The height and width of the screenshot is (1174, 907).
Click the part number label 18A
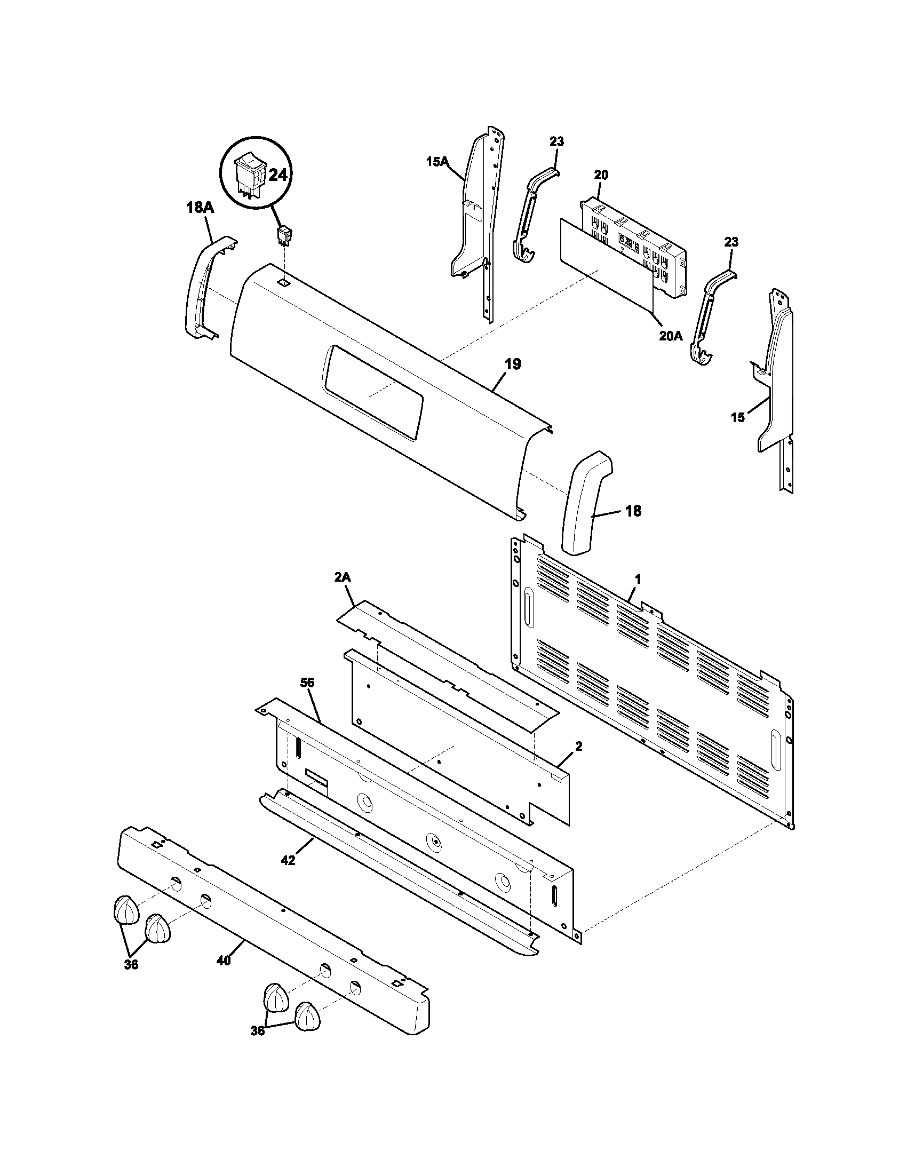coord(200,208)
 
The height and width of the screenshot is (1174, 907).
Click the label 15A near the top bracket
coord(437,161)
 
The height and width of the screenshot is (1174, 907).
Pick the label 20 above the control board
coord(601,175)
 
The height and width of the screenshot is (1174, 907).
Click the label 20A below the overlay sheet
coord(671,337)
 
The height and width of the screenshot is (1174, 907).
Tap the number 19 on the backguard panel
coord(513,364)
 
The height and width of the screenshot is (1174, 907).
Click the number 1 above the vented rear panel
coord(638,580)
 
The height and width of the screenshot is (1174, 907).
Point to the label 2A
coord(343,577)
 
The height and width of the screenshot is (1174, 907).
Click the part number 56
coord(307,683)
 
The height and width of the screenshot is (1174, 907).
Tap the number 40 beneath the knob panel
coord(224,961)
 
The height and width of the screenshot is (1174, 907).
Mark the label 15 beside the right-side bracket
coord(738,417)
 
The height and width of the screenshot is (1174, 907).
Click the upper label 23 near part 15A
coord(556,142)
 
